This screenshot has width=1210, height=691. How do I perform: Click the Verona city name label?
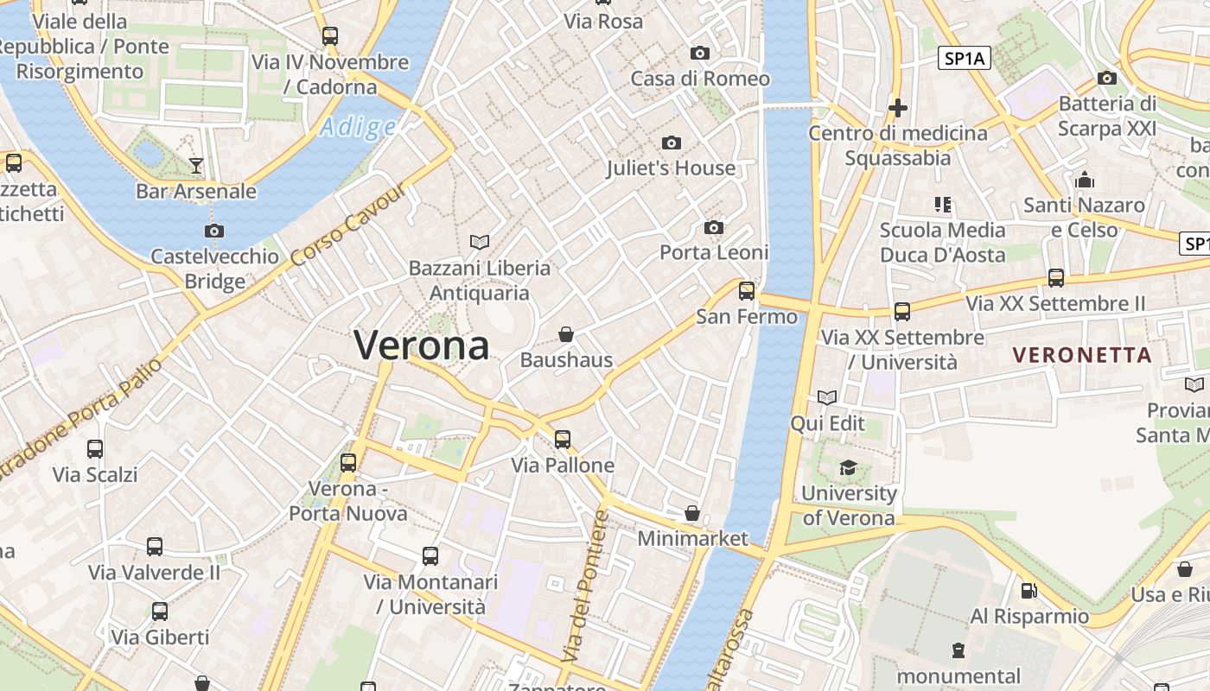(422, 345)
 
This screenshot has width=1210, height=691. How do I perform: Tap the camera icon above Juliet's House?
(671, 143)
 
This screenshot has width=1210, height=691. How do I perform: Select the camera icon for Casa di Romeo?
(700, 53)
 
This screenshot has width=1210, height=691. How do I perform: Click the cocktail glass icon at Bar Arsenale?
(196, 165)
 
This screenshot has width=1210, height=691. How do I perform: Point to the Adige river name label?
(357, 128)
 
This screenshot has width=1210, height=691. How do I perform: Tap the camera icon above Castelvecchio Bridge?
(214, 231)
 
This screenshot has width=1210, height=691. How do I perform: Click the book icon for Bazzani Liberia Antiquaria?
(479, 242)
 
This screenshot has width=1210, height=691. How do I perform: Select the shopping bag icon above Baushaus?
(566, 334)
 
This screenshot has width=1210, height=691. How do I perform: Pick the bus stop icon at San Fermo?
(747, 290)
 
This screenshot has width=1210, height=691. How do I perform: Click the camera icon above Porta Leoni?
(714, 227)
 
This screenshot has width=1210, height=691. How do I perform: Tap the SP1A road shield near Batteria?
(965, 58)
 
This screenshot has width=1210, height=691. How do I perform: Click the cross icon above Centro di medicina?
(898, 108)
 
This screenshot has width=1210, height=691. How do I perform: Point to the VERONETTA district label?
(1082, 355)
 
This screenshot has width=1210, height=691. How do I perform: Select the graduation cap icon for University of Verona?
(848, 467)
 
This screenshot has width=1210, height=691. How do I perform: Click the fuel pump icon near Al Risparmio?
(1028, 591)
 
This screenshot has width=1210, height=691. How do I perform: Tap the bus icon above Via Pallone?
(563, 439)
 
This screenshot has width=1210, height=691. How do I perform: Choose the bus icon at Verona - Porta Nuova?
(348, 462)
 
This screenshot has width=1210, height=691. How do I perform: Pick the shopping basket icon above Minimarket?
(691, 513)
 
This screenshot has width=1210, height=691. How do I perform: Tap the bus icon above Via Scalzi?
(95, 449)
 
